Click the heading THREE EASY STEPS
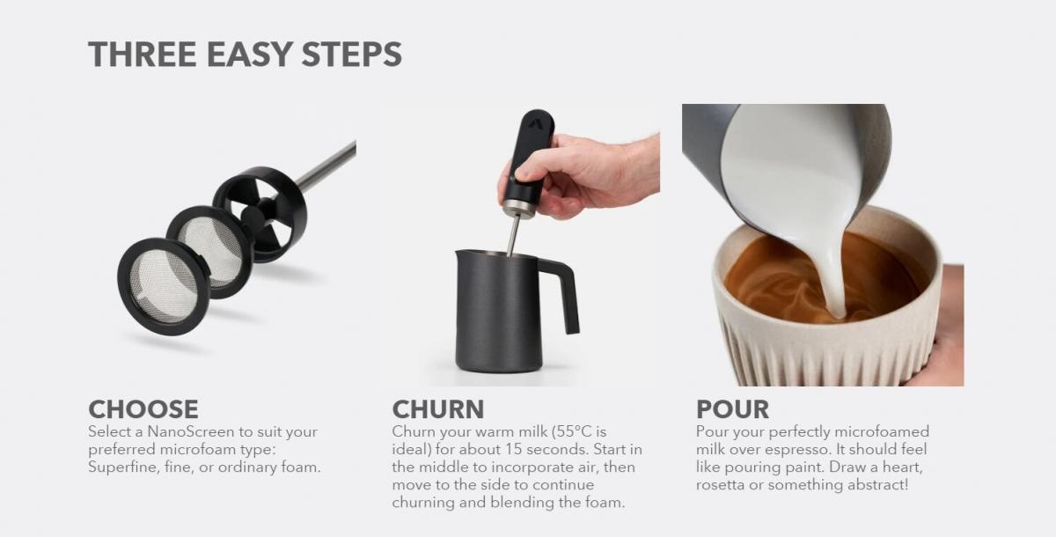(246, 55)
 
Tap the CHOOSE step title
(143, 409)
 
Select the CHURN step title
(438, 409)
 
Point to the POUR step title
(732, 409)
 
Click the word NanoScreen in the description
(190, 431)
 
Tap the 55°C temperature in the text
(573, 431)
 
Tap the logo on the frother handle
(535, 122)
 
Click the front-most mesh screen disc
(163, 287)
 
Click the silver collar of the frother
(519, 208)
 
